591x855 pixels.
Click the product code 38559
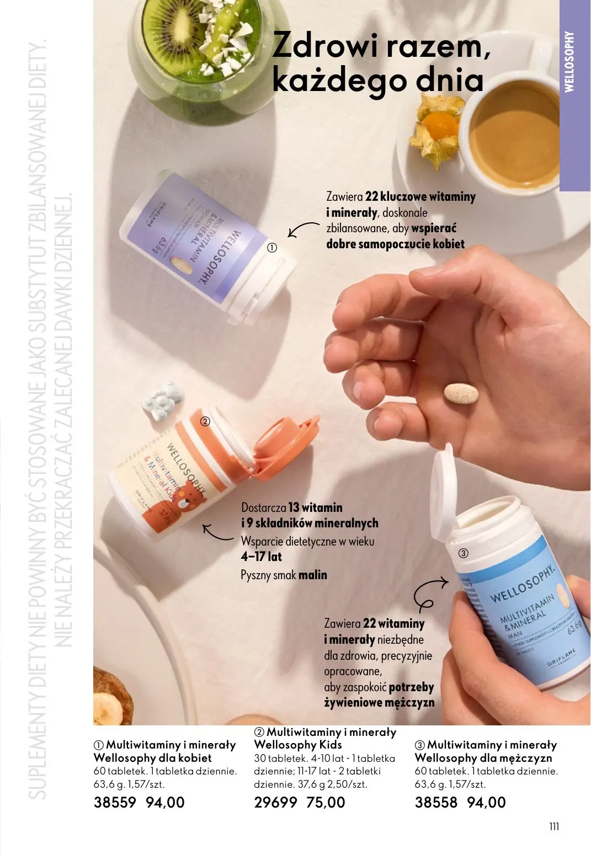click(x=115, y=802)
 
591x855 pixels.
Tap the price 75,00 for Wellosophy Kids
click(x=326, y=802)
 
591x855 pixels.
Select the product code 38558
click(x=436, y=802)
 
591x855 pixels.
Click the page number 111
click(x=554, y=826)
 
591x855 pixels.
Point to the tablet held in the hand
click(x=461, y=394)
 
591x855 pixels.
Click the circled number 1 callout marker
click(x=271, y=248)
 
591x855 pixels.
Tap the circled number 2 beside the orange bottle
click(x=205, y=421)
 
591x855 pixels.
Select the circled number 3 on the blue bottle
click(x=464, y=553)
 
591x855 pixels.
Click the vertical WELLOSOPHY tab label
click(x=570, y=61)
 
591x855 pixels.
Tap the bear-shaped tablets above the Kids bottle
click(x=159, y=399)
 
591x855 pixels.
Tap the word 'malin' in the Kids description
click(x=313, y=575)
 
